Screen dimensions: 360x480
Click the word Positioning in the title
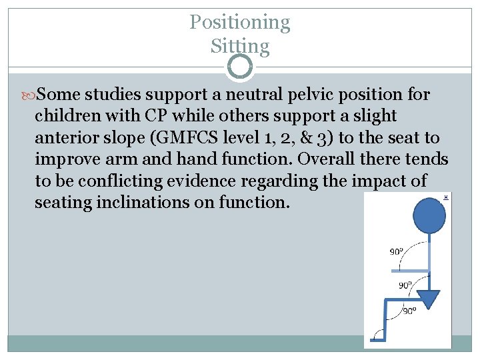point(240,23)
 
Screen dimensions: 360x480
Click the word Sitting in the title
point(240,47)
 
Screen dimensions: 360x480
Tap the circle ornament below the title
point(240,67)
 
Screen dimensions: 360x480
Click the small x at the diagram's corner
point(445,197)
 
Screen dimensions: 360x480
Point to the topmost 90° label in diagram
point(397,251)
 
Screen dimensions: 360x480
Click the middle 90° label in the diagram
point(405,285)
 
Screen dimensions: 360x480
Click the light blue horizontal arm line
point(408,270)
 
